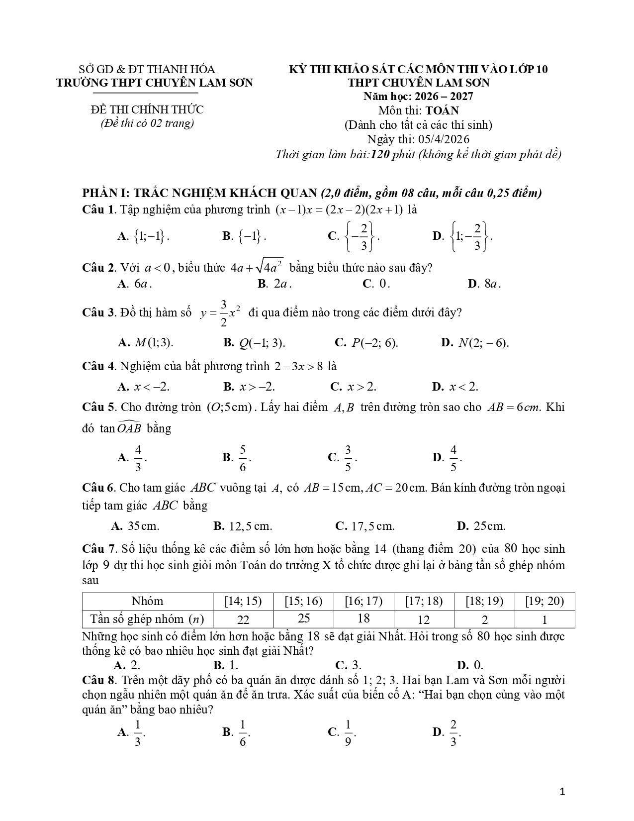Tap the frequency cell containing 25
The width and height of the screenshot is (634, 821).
(304, 618)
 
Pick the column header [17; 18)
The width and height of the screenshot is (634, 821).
(424, 601)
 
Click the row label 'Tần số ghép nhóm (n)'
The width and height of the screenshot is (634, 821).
(147, 619)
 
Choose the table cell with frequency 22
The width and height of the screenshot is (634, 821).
(243, 619)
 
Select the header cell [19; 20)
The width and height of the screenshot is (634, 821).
(544, 601)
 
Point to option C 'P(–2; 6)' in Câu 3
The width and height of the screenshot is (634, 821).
(366, 343)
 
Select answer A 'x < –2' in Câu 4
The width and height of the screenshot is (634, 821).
(145, 387)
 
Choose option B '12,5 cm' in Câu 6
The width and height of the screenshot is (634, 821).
(243, 526)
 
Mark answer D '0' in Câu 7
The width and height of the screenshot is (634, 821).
(470, 665)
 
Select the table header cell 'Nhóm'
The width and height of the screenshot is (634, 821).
(147, 601)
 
